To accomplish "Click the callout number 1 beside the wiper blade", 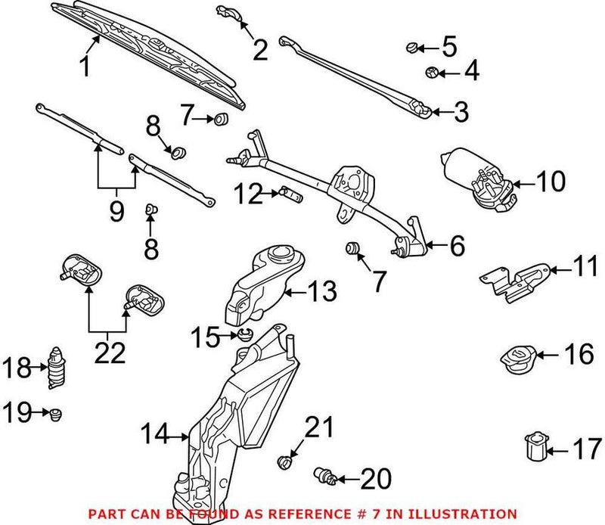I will click(x=85, y=67).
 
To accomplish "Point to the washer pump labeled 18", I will click(x=55, y=368).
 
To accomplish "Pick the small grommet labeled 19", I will click(x=55, y=413).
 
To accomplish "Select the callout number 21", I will click(x=317, y=428).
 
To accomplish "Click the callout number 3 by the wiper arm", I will click(x=461, y=113).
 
